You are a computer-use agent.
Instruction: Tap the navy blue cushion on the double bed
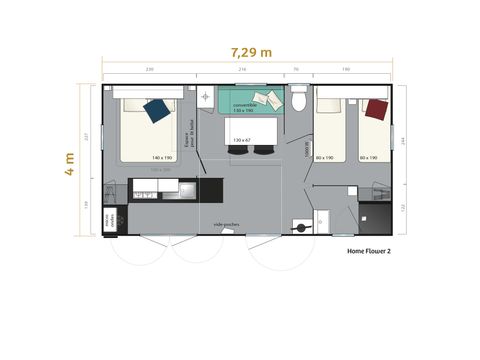pos(157,109)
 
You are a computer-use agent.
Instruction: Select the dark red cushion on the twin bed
pos(376,108)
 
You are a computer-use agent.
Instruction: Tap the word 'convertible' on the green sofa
pos(246,103)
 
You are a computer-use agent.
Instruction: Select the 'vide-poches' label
pos(226,225)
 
